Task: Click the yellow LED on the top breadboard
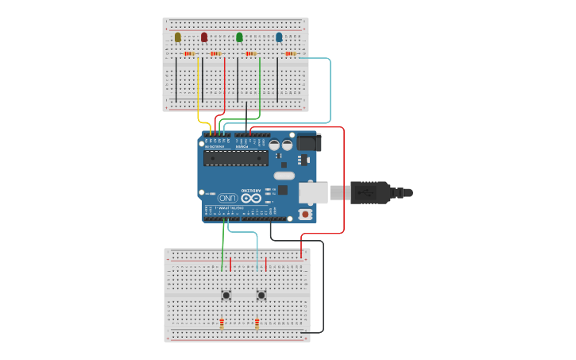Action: click(178, 37)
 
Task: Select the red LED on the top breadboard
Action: click(204, 37)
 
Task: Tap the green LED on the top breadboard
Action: click(239, 37)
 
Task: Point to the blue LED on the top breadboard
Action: click(279, 37)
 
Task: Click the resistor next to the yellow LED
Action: click(189, 54)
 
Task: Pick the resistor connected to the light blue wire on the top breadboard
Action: click(290, 54)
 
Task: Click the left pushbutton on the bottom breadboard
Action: click(226, 296)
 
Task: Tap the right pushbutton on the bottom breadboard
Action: click(261, 296)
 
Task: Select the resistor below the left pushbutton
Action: click(222, 323)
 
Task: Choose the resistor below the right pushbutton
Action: click(257, 323)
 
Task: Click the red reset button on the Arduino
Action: click(305, 215)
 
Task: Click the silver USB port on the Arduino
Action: click(312, 192)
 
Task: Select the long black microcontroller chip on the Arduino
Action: click(235, 158)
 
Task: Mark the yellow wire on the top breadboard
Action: click(198, 87)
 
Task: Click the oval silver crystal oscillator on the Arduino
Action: click(284, 176)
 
